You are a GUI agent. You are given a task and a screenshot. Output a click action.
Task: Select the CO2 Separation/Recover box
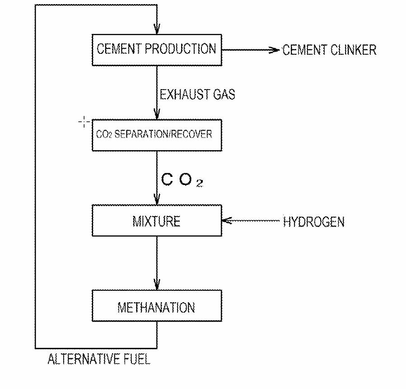point(157,135)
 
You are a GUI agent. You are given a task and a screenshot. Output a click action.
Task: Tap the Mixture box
point(157,221)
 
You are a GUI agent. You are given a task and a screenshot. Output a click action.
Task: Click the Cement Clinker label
point(329,50)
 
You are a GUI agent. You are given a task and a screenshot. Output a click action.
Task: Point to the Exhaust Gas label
point(197,95)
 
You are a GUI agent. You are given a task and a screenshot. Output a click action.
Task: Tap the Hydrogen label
point(313,222)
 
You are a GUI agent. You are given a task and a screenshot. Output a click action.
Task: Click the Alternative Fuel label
point(99,360)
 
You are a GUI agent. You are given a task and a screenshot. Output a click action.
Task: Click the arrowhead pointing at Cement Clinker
point(275,50)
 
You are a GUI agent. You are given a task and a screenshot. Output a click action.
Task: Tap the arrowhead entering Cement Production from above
point(157,29)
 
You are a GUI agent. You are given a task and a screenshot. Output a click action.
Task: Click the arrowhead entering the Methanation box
point(157,286)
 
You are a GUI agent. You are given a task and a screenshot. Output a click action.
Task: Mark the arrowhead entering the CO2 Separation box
point(157,115)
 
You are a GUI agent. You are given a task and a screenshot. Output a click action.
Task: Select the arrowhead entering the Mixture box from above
point(157,200)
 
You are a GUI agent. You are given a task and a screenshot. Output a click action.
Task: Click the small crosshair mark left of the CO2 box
point(84,122)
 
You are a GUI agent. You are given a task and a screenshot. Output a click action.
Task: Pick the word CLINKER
point(354,50)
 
